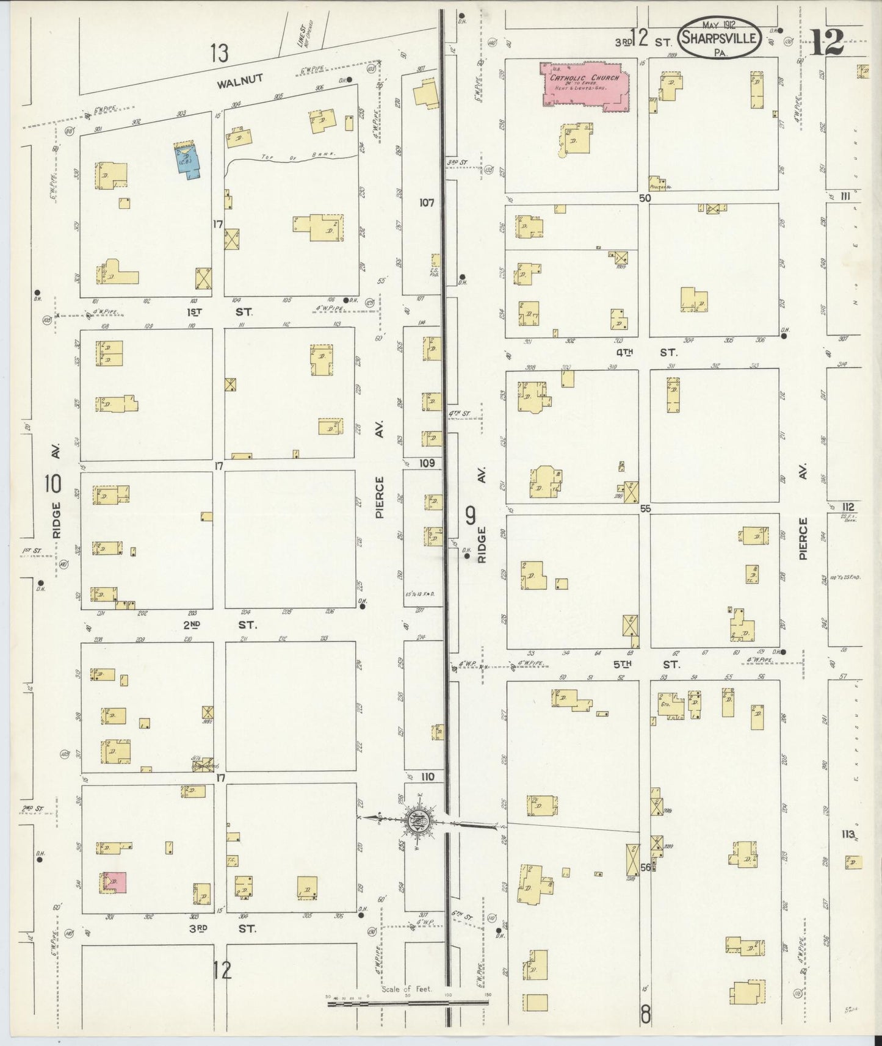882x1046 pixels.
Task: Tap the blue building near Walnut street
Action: coord(187,159)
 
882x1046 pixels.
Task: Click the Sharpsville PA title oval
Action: coord(720,38)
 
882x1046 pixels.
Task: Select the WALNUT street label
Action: coord(243,78)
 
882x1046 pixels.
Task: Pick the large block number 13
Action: coord(219,53)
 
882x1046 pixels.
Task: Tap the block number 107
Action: coord(426,202)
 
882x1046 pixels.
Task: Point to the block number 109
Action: coord(426,464)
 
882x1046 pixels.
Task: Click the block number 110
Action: coord(426,777)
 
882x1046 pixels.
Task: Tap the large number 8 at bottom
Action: coord(645,1017)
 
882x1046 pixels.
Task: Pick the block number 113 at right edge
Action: coord(847,835)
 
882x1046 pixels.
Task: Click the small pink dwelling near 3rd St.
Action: coord(115,882)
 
